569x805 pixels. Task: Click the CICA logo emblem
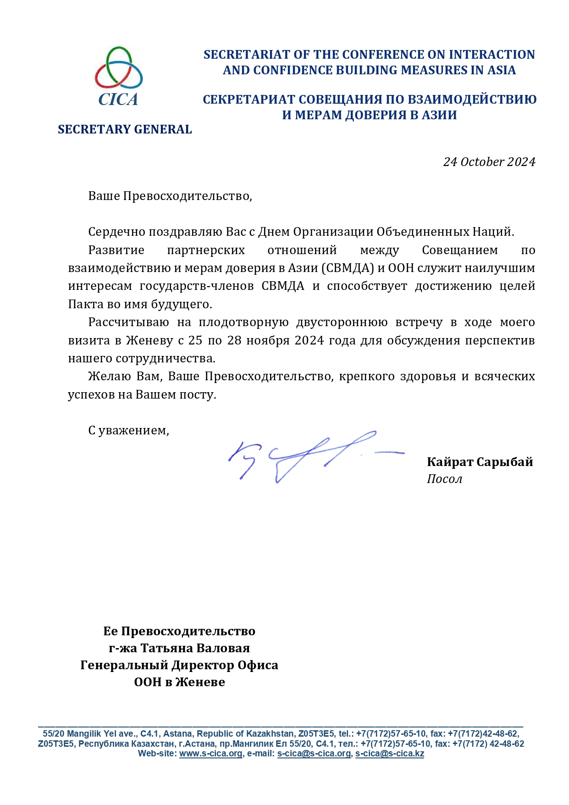[x=119, y=76]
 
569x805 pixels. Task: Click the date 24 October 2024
[x=489, y=162]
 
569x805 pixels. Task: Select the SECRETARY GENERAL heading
[x=125, y=129]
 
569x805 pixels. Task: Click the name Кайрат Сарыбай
[x=480, y=461]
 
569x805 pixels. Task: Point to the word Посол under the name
[x=444, y=479]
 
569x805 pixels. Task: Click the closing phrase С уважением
[x=128, y=430]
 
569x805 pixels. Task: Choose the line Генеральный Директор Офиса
[x=179, y=665]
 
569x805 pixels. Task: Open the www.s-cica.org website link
[x=210, y=754]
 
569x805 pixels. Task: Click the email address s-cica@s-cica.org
[x=314, y=754]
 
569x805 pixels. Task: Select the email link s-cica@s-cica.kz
[x=389, y=754]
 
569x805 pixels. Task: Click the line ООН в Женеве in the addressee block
[x=179, y=682]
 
